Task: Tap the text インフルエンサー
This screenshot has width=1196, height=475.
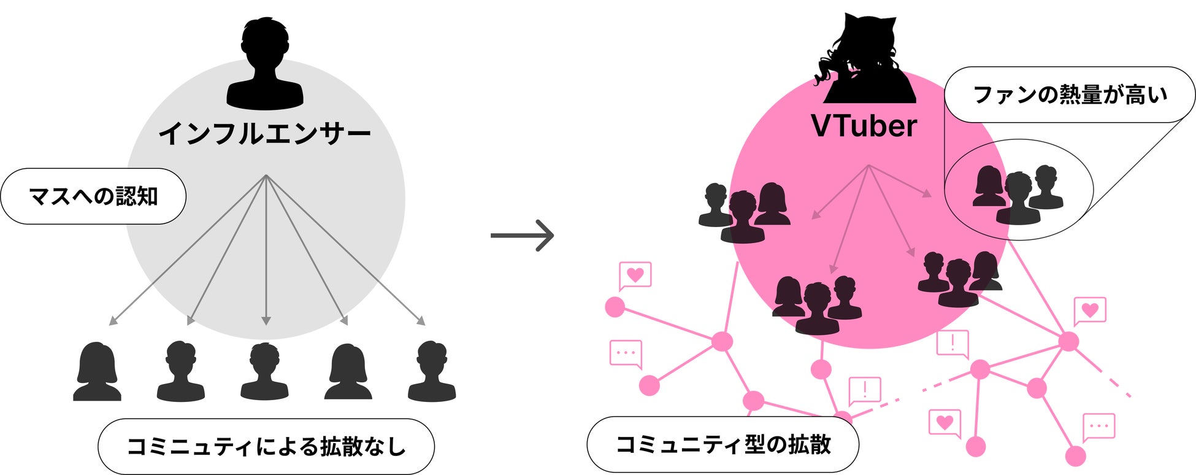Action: tap(265, 134)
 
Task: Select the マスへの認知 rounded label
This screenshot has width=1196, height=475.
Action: tap(93, 196)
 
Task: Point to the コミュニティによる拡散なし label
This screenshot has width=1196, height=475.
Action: tap(266, 446)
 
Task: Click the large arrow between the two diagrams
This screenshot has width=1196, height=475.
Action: tap(523, 235)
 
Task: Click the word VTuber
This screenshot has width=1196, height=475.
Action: tap(864, 126)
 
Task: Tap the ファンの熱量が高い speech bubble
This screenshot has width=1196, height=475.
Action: tap(1070, 95)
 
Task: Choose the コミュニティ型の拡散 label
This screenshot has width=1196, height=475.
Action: tap(723, 444)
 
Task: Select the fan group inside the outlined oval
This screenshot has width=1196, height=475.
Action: tap(1018, 194)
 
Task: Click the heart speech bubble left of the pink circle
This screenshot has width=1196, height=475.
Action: tap(635, 275)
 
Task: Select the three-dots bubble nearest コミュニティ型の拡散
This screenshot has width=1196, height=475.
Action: tap(626, 353)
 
